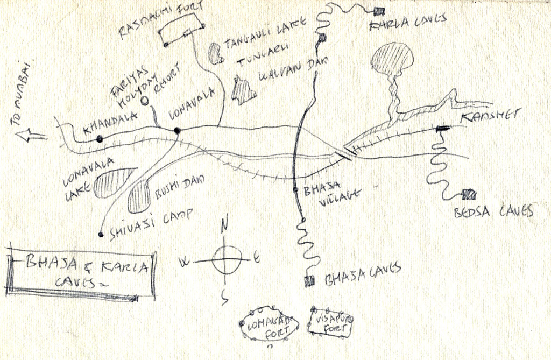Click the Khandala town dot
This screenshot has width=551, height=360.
(100, 139)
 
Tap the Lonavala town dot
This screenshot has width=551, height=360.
(176, 130)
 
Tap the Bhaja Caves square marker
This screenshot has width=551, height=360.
(309, 281)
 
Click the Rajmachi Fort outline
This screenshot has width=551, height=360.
(183, 30)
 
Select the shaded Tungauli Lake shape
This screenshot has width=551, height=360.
(215, 53)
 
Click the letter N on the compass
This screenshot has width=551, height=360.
(225, 221)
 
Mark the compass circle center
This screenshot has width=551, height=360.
(225, 260)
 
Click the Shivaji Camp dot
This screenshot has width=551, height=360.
(101, 234)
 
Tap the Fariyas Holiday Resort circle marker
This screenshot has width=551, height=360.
(144, 101)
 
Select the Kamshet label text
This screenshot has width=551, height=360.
(491, 115)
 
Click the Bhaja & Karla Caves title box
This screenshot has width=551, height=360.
(81, 273)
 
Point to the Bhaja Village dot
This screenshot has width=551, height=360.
(295, 189)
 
